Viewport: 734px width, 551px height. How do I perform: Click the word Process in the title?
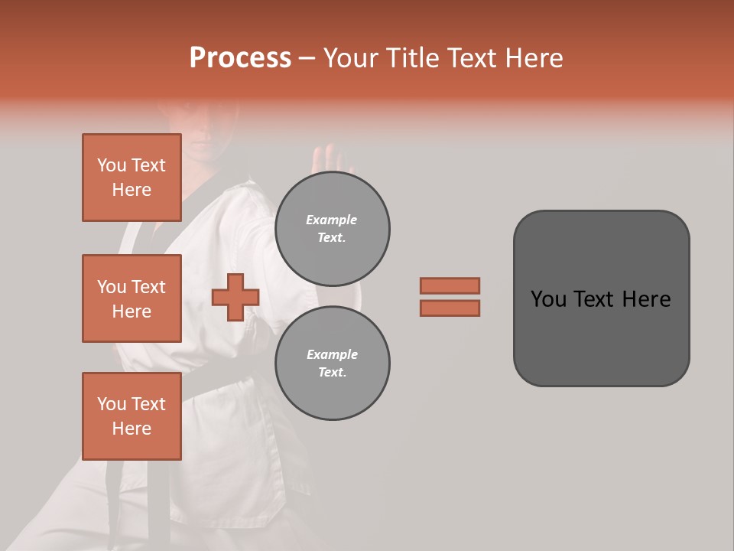[x=240, y=58]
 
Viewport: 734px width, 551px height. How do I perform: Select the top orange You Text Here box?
[x=132, y=178]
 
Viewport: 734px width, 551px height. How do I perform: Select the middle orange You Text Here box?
[x=132, y=298]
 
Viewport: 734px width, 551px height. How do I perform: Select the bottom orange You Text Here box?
[x=132, y=416]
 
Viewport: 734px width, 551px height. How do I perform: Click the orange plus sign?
[x=235, y=298]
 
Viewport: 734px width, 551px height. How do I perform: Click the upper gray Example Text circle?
[x=333, y=229]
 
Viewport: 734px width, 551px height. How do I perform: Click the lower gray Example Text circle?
[x=333, y=364]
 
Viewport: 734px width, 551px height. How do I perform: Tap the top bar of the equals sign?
[x=450, y=285]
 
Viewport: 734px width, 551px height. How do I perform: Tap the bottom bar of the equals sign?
[x=450, y=308]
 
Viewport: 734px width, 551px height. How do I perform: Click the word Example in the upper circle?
[x=332, y=220]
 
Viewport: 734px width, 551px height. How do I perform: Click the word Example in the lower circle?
[x=332, y=354]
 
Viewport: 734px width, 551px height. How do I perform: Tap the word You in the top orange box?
[x=112, y=165]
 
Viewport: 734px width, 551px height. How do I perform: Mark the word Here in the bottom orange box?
[x=132, y=429]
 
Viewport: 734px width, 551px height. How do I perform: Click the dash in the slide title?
[x=307, y=58]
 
